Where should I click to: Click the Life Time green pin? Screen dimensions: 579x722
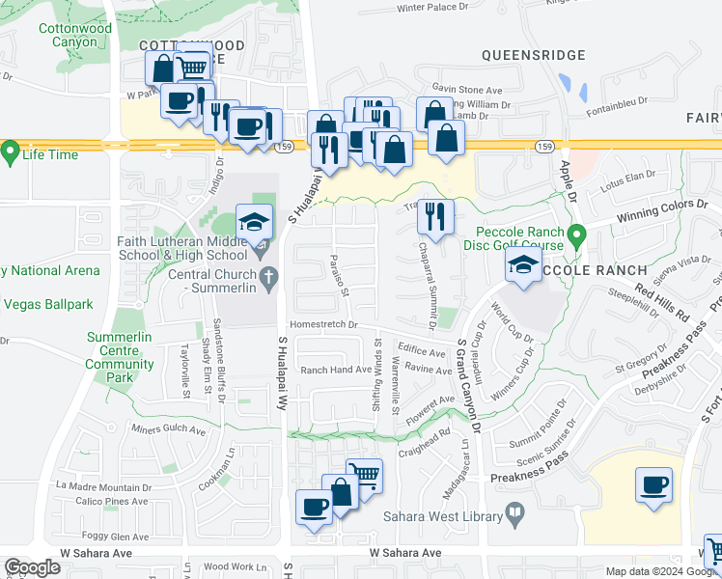click(11, 152)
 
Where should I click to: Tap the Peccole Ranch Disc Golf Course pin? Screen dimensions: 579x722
click(577, 234)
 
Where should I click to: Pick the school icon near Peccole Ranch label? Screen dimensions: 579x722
click(522, 266)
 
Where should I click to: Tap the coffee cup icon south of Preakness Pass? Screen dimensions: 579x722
click(654, 484)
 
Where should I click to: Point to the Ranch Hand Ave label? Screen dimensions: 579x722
click(336, 370)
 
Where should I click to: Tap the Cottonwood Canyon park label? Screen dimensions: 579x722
click(75, 36)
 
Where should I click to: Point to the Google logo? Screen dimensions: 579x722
click(32, 567)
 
